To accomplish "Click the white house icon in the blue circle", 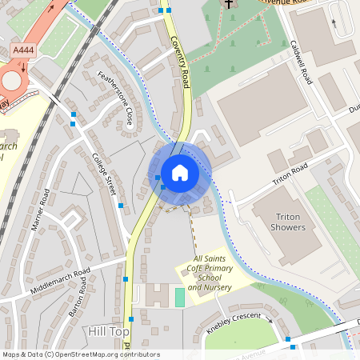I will click(x=180, y=172).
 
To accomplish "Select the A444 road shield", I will click(x=23, y=50).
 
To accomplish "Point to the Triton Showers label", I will click(x=290, y=222).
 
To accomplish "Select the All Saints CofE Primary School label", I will click(x=210, y=273).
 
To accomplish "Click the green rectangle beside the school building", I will click(x=179, y=297).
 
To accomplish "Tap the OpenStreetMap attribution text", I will click(x=80, y=354).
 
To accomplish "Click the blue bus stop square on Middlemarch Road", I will click(x=126, y=278).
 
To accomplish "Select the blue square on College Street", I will click(x=121, y=206).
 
